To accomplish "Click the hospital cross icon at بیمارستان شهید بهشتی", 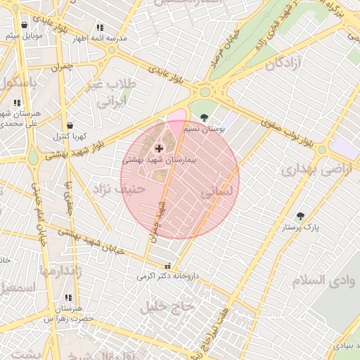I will tap(159, 148).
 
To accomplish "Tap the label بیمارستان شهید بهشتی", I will tap(159, 160).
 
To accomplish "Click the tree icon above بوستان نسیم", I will tap(205, 117).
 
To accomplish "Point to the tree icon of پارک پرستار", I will tap(301, 216).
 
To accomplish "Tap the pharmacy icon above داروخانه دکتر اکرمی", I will tap(167, 266).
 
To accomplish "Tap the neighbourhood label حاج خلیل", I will tap(167, 307).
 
